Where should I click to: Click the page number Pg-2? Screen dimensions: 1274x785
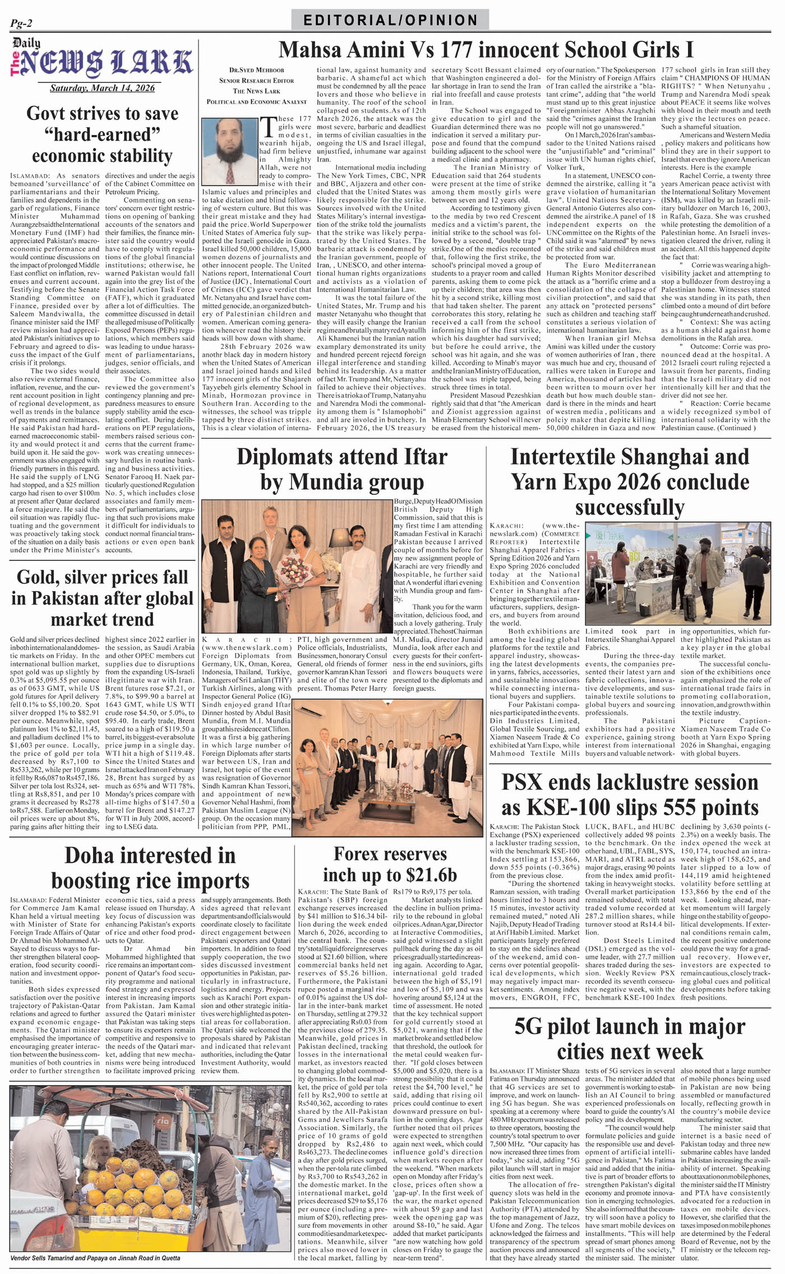[x=21, y=23]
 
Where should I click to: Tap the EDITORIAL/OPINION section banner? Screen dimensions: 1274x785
[x=390, y=21]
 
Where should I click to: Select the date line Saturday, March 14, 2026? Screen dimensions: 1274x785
[x=102, y=88]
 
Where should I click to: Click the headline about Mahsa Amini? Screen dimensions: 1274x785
[x=486, y=50]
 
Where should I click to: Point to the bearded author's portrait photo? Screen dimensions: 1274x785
[x=229, y=151]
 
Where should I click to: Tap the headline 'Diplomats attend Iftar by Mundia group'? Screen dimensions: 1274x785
[x=341, y=469]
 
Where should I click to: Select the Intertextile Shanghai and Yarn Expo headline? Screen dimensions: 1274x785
[x=629, y=481]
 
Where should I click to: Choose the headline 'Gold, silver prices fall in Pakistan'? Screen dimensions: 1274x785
[x=102, y=598]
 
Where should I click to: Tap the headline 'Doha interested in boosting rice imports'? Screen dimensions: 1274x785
[x=150, y=868]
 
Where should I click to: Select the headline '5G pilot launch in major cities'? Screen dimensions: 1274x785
[x=629, y=1038]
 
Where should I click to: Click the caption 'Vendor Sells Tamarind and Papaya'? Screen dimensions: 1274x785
[x=95, y=1258]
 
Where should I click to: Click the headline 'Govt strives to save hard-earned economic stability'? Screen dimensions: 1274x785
[x=102, y=134]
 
